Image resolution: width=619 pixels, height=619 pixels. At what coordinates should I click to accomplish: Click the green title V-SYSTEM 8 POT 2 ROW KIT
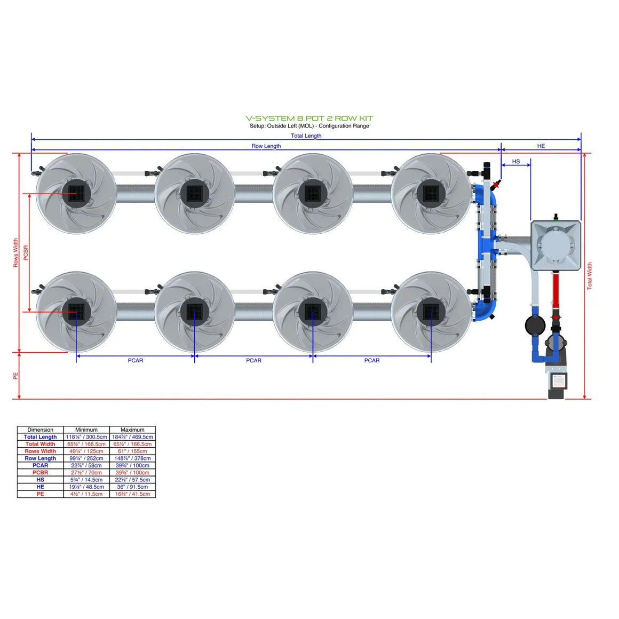pyautogui.click(x=309, y=118)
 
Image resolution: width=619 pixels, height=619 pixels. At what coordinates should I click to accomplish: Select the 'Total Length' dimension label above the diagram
pyautogui.click(x=306, y=136)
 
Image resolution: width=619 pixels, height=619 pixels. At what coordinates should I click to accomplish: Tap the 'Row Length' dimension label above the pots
pyautogui.click(x=266, y=146)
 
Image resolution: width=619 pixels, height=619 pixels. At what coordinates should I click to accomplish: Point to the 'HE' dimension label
pyautogui.click(x=541, y=146)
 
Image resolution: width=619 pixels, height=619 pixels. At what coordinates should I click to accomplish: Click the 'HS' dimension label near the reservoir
pyautogui.click(x=515, y=161)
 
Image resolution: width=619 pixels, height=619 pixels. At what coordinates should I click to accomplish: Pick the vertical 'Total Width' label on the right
pyautogui.click(x=589, y=276)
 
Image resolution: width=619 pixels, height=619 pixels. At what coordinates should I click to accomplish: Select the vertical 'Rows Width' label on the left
pyautogui.click(x=15, y=253)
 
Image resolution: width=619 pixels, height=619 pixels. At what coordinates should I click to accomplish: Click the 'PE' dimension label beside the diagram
pyautogui.click(x=15, y=376)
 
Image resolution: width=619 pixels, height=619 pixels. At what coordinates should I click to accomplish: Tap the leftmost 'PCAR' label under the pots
pyautogui.click(x=135, y=360)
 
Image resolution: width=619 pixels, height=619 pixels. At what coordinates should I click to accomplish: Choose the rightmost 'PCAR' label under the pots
pyautogui.click(x=371, y=360)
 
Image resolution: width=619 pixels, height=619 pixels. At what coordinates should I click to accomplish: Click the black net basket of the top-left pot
pyautogui.click(x=76, y=193)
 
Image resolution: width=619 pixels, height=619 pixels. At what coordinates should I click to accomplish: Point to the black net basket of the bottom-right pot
pyautogui.click(x=431, y=312)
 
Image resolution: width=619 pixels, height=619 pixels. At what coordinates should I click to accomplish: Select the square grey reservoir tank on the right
pyautogui.click(x=555, y=246)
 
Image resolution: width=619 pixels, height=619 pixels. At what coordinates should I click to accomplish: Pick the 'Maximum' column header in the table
pyautogui.click(x=132, y=430)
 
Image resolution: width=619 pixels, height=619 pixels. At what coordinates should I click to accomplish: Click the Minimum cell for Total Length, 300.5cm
pyautogui.click(x=86, y=437)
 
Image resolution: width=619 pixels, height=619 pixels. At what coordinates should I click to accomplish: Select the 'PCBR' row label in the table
pyautogui.click(x=40, y=472)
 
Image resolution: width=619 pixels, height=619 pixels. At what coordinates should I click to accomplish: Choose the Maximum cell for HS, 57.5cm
pyautogui.click(x=132, y=480)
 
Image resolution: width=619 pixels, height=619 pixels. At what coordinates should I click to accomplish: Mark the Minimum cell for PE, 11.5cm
pyautogui.click(x=86, y=494)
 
